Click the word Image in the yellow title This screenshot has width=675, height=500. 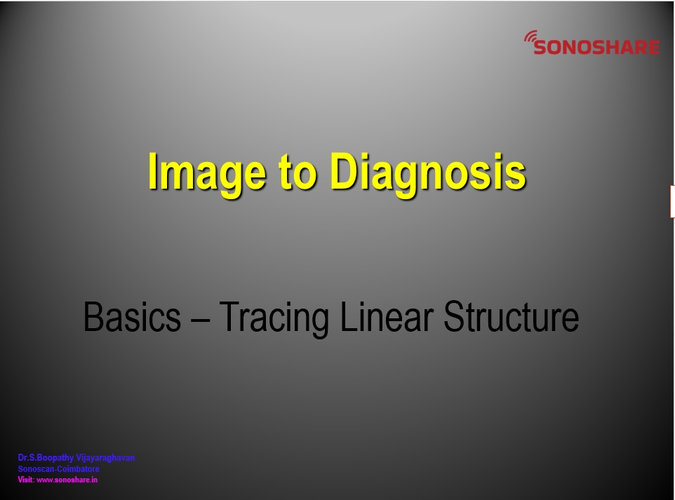click(206, 173)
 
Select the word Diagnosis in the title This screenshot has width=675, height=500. click(428, 173)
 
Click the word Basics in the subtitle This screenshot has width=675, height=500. click(132, 317)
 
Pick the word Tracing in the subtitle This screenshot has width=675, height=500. click(274, 318)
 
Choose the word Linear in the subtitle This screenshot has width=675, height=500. click(387, 317)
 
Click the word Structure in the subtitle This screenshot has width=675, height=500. click(511, 317)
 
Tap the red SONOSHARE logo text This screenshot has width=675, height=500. click(596, 47)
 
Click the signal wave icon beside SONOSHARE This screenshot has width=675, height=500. click(530, 37)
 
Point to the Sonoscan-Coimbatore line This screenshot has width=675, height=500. click(58, 469)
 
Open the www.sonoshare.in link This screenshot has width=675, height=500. click(67, 480)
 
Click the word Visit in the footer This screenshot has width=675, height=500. click(25, 480)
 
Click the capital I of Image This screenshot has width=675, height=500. click(152, 171)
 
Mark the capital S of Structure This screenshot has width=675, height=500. click(454, 317)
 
